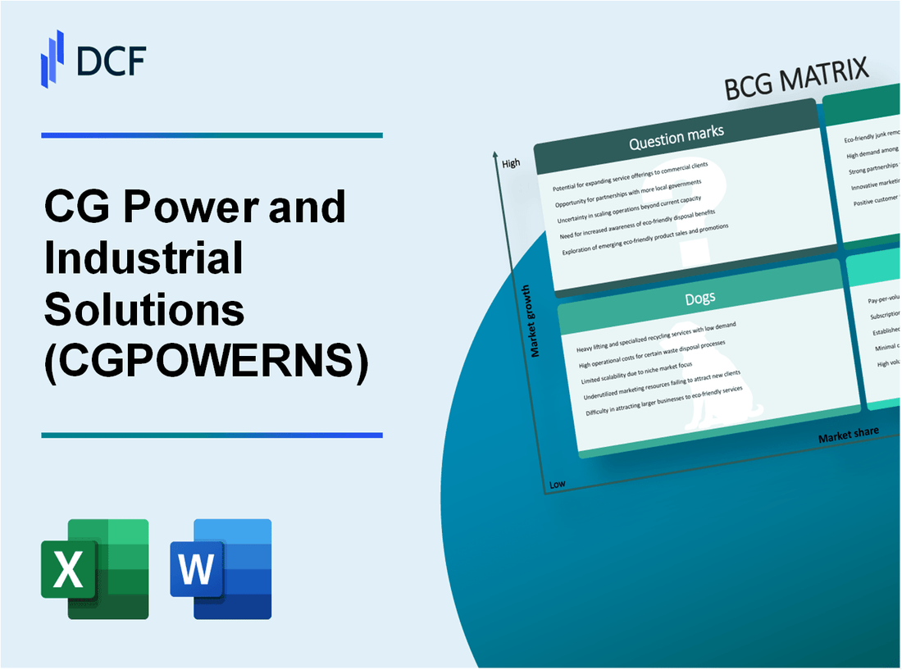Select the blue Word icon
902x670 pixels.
point(221,568)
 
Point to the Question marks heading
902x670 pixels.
point(676,140)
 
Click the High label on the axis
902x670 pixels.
point(511,163)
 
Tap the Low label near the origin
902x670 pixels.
point(557,484)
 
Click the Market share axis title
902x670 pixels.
point(848,434)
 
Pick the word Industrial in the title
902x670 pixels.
point(143,258)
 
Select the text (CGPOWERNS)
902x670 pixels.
point(206,360)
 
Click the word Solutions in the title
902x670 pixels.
point(143,309)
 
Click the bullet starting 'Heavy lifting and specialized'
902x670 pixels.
point(655,336)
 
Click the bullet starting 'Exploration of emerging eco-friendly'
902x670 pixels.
point(646,241)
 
